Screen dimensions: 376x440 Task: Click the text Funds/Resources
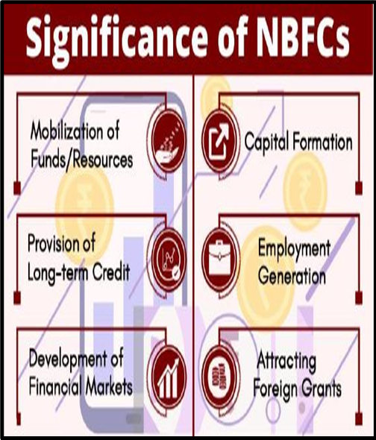82,160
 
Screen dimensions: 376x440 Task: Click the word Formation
322,142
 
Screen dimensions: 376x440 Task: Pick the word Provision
54,244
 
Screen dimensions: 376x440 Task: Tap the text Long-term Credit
79,272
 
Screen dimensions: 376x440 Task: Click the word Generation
292,276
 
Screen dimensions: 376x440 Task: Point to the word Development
68,359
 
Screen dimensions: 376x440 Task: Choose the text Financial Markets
81,387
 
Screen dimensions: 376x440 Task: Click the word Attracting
286,362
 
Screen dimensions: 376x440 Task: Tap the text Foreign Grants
298,389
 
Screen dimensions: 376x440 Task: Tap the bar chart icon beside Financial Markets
169,377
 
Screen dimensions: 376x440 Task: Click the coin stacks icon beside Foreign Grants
219,377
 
